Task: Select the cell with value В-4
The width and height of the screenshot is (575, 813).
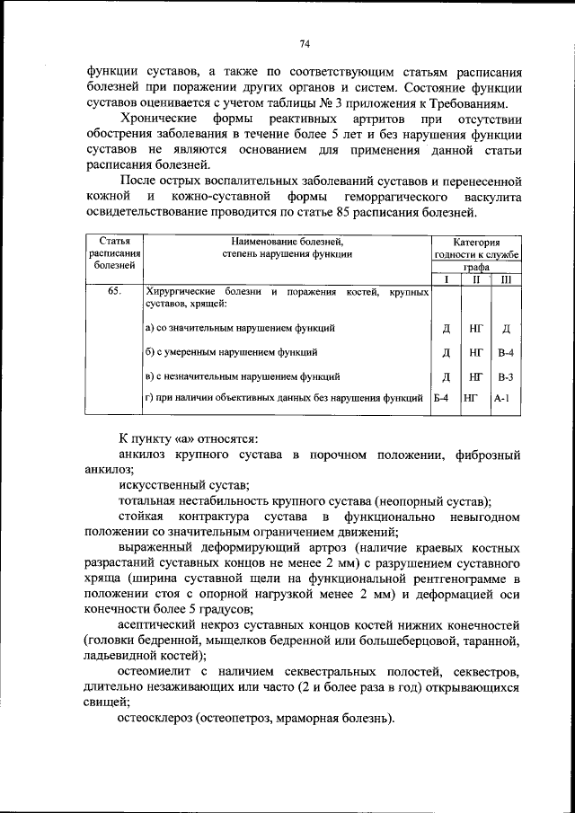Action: point(505,352)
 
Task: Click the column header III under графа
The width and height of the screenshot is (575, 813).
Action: point(505,279)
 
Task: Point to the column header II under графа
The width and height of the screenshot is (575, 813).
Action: point(475,279)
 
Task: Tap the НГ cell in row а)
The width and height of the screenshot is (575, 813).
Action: point(475,329)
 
